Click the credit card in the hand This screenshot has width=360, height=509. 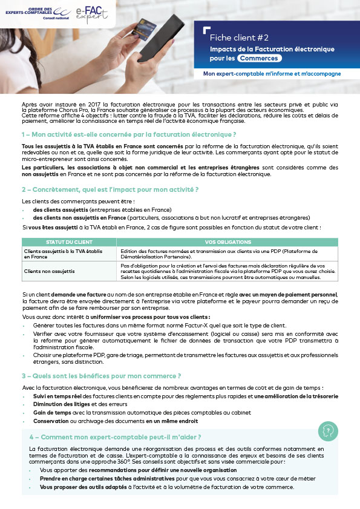[147, 28]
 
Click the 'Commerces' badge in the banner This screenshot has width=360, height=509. [260, 59]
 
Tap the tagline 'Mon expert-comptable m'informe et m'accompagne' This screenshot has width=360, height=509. [272, 74]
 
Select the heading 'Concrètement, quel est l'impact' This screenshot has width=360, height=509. [110, 189]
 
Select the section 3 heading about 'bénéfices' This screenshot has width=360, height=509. [101, 375]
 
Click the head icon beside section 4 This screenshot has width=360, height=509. [328, 431]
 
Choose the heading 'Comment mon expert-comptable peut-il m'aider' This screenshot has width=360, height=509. [116, 436]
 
